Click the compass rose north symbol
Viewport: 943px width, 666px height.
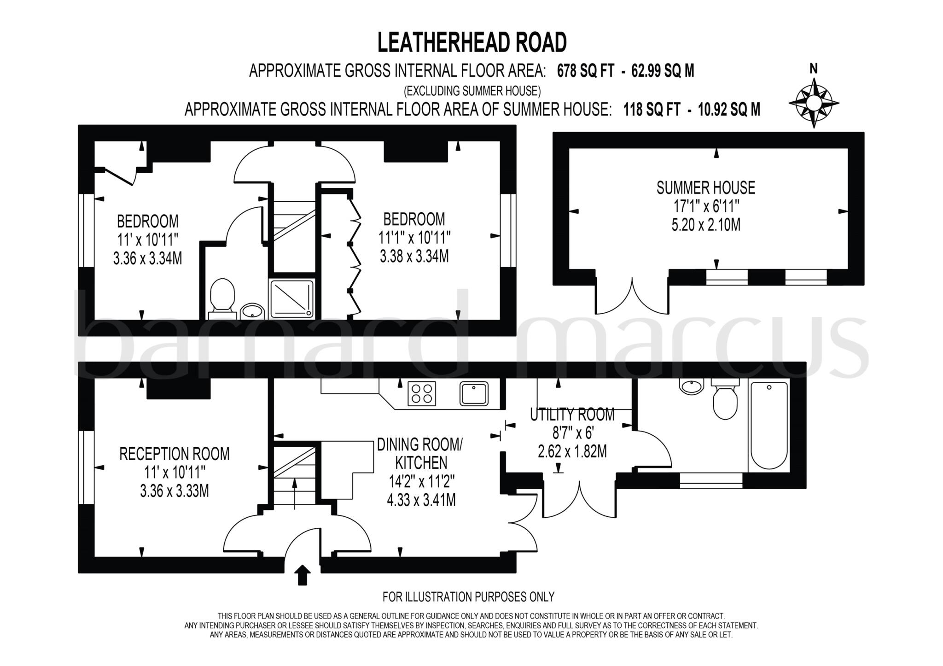point(814,102)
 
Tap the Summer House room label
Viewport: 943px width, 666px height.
point(706,188)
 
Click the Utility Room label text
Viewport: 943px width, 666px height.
point(572,415)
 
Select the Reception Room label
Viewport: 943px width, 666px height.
point(174,454)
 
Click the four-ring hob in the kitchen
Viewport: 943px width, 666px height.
point(422,394)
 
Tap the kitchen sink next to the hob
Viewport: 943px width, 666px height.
point(473,393)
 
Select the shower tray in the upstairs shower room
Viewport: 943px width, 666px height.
point(292,299)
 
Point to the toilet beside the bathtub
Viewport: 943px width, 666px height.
point(725,400)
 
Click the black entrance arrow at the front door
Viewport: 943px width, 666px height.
point(302,575)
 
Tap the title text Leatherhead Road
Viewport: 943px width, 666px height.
point(471,42)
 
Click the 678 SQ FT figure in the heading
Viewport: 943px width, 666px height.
point(585,71)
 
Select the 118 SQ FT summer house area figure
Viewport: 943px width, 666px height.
point(651,109)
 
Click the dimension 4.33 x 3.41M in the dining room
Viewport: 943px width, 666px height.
point(421,500)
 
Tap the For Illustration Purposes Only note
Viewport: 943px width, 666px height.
point(468,597)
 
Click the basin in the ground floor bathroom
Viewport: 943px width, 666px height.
point(692,386)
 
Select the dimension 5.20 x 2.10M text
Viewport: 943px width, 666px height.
point(706,225)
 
